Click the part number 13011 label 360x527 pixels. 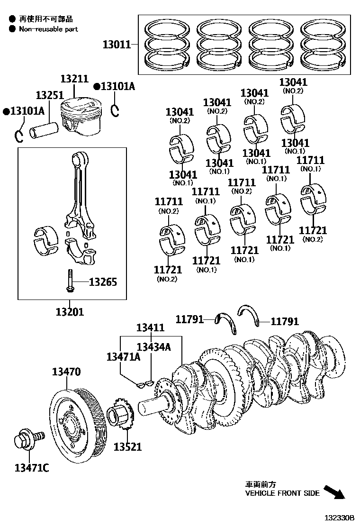coord(117,45)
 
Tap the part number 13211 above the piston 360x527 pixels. coord(74,79)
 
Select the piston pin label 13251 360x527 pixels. coord(50,96)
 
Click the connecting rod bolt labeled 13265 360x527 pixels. coord(69,282)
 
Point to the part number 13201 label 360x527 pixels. coord(70,312)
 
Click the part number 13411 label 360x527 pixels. coord(151,327)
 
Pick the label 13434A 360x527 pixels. coord(153,347)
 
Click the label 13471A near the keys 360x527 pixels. coord(123,357)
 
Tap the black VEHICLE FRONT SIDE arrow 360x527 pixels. coord(334,492)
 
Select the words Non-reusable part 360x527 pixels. coord(48,29)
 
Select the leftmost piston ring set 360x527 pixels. coord(168,45)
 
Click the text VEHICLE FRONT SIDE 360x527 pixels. coord(282,493)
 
